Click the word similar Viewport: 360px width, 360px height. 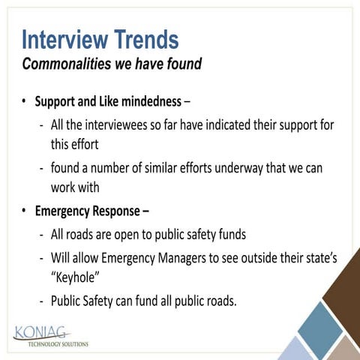(x=146, y=167)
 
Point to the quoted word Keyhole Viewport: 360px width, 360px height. (x=73, y=277)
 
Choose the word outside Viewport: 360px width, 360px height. (x=272, y=257)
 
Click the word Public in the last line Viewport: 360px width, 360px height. (x=67, y=301)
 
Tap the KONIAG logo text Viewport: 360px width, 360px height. (x=43, y=331)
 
